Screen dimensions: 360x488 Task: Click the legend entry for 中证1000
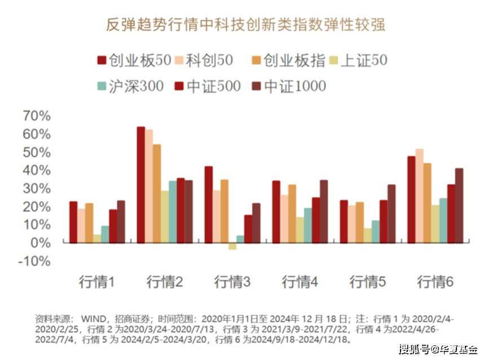pyautogui.click(x=288, y=86)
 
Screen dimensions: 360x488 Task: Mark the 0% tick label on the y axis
pyautogui.click(x=41, y=243)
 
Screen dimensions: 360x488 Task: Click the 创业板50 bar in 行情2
pyautogui.click(x=141, y=185)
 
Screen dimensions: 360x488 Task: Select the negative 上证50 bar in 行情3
pyautogui.click(x=232, y=246)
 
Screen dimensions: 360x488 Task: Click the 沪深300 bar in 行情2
pyautogui.click(x=173, y=212)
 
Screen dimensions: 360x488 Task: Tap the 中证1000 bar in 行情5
pyautogui.click(x=392, y=214)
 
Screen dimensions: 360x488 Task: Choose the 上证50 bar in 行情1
pyautogui.click(x=97, y=239)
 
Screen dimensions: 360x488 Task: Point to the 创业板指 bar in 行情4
pyautogui.click(x=292, y=214)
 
